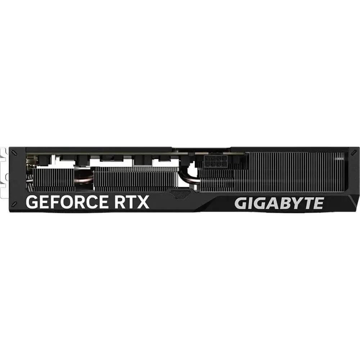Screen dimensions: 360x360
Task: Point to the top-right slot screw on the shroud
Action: [x=354, y=152]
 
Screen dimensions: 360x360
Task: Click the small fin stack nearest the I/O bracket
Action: [x=54, y=180]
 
